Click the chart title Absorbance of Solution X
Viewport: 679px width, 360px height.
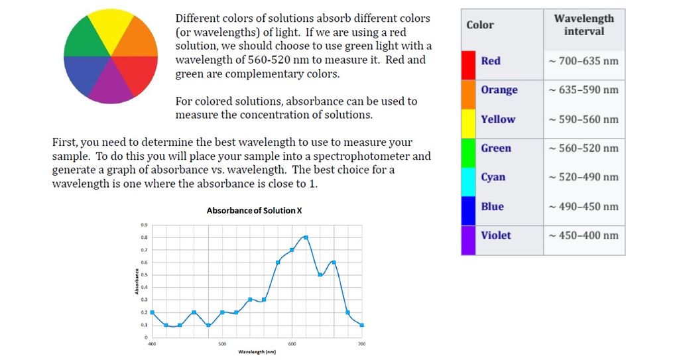click(x=254, y=211)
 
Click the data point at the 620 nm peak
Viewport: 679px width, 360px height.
click(x=306, y=237)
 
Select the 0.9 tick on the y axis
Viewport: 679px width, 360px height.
click(x=144, y=225)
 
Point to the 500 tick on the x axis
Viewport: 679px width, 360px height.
click(x=222, y=344)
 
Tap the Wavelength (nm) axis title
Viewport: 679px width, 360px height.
click(x=257, y=352)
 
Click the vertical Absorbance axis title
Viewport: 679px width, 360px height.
click(x=137, y=281)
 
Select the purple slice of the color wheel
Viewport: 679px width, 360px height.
click(x=111, y=82)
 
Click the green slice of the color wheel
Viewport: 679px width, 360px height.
click(x=84, y=39)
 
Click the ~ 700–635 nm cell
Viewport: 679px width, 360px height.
click(x=584, y=61)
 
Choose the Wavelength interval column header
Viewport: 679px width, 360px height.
click(x=584, y=25)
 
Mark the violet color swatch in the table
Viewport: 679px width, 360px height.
click(x=468, y=241)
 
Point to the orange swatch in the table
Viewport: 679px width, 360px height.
click(x=468, y=94)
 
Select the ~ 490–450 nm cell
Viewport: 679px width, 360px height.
click(x=584, y=207)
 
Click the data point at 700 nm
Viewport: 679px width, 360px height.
click(x=362, y=325)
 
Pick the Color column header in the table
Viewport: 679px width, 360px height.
click(x=480, y=25)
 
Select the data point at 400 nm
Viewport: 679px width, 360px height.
click(x=152, y=312)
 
